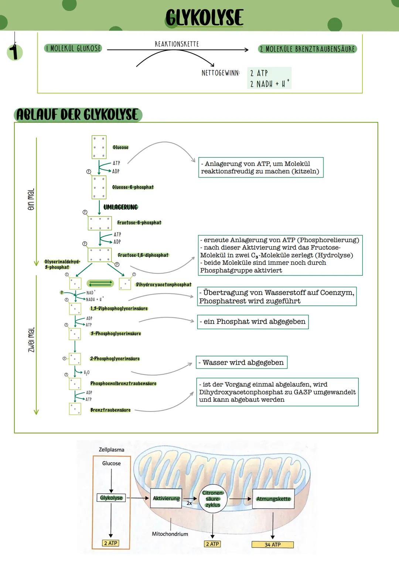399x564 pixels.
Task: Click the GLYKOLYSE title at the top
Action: click(204, 18)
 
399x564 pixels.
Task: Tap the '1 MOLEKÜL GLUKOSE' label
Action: click(73, 48)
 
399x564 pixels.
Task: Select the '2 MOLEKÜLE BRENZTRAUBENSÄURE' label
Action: click(307, 49)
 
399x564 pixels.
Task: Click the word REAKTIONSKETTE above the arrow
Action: click(177, 44)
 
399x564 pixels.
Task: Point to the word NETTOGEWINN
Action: click(221, 73)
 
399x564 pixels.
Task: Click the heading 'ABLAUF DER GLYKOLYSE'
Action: click(78, 114)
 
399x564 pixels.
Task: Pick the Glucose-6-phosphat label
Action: click(133, 187)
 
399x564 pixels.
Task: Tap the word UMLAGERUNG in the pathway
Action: click(120, 207)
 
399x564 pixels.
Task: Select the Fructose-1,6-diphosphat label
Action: click(143, 255)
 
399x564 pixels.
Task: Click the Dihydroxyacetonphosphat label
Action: click(164, 285)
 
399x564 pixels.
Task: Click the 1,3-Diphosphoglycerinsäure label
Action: click(119, 308)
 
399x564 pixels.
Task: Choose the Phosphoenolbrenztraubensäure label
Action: click(123, 383)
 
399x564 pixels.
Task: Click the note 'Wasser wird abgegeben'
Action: click(242, 362)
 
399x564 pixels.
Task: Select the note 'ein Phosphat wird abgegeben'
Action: click(253, 322)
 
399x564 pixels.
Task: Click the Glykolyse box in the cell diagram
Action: click(111, 498)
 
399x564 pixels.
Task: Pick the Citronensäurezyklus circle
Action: click(213, 499)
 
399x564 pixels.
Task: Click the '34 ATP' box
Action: click(272, 544)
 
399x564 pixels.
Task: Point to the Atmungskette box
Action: click(273, 499)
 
